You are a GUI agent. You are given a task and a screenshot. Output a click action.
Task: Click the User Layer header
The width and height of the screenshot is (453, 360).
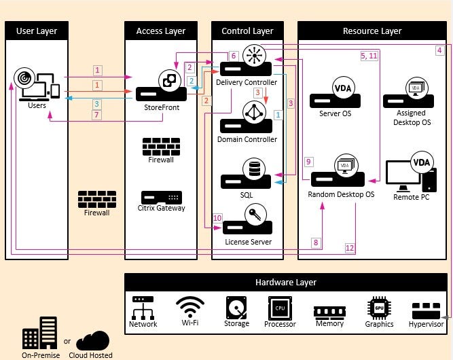(x=37, y=31)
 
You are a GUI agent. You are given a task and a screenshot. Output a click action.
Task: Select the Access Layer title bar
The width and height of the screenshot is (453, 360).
(x=160, y=31)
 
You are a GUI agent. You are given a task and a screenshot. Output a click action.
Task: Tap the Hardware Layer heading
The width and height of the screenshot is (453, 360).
(x=285, y=283)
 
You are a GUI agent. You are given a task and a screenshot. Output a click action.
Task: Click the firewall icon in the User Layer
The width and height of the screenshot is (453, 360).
(x=97, y=199)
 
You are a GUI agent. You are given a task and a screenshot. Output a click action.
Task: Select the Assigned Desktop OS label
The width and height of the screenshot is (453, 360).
(x=412, y=118)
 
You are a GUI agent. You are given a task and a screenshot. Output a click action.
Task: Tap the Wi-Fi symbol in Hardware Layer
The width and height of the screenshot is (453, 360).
(x=190, y=306)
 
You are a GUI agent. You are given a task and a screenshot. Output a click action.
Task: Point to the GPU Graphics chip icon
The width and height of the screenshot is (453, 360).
(x=378, y=307)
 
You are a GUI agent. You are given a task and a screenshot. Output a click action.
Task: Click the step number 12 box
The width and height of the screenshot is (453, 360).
(x=350, y=248)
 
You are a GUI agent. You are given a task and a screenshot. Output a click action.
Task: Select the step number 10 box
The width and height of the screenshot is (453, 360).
(x=217, y=219)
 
